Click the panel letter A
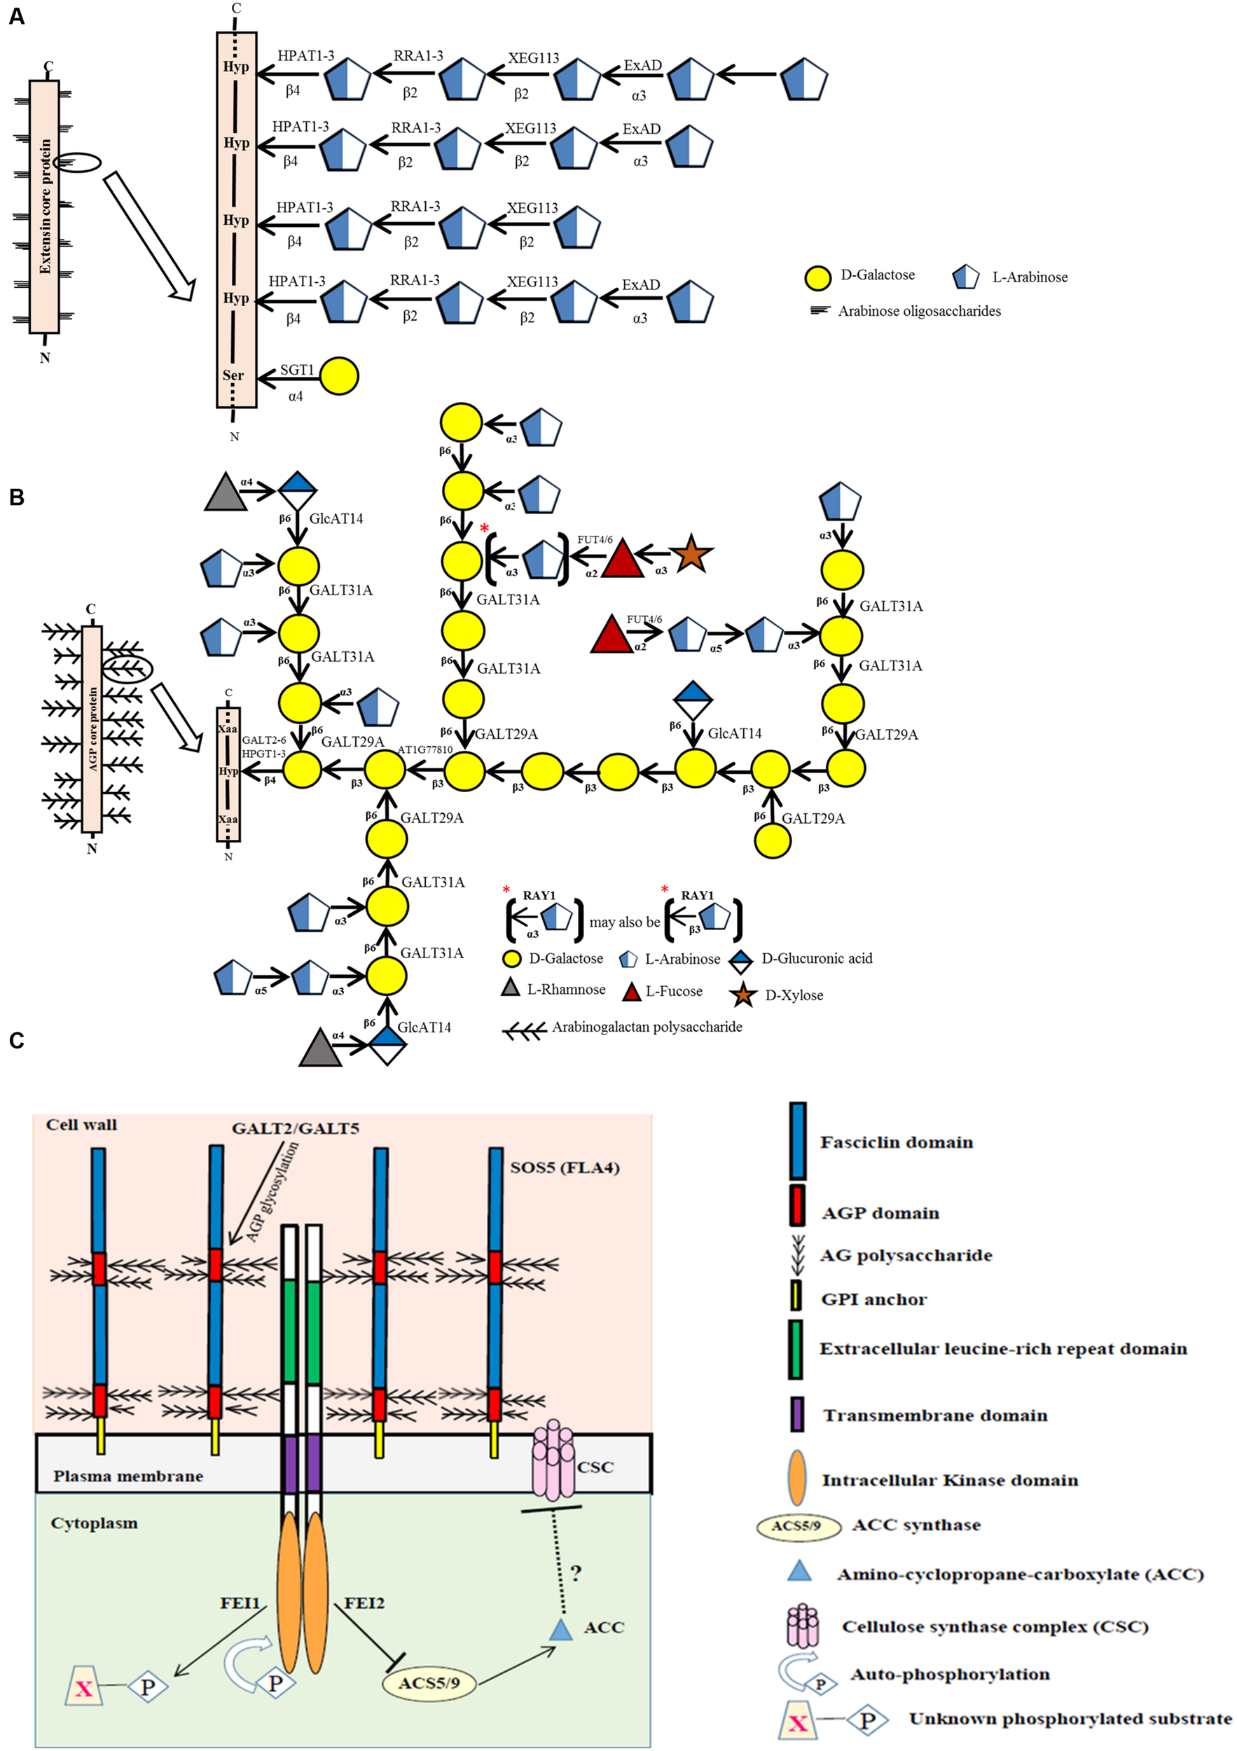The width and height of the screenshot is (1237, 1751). coord(16,16)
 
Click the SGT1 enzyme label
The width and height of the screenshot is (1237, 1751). coord(297,370)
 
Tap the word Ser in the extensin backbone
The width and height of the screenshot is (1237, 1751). coord(233,375)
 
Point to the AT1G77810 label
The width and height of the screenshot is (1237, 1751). coord(424,749)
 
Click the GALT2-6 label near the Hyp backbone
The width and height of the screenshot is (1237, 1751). coord(264,740)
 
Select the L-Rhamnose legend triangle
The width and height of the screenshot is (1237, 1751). coord(510,988)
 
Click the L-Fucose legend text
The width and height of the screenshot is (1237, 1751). coord(673,992)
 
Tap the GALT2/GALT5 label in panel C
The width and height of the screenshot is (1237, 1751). coord(295,1128)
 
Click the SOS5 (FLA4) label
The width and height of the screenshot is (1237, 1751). coord(565,1168)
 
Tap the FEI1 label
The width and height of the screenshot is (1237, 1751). coord(240,1603)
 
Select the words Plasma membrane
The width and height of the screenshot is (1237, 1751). coord(128,1476)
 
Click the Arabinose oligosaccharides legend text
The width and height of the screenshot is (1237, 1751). coord(919,310)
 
